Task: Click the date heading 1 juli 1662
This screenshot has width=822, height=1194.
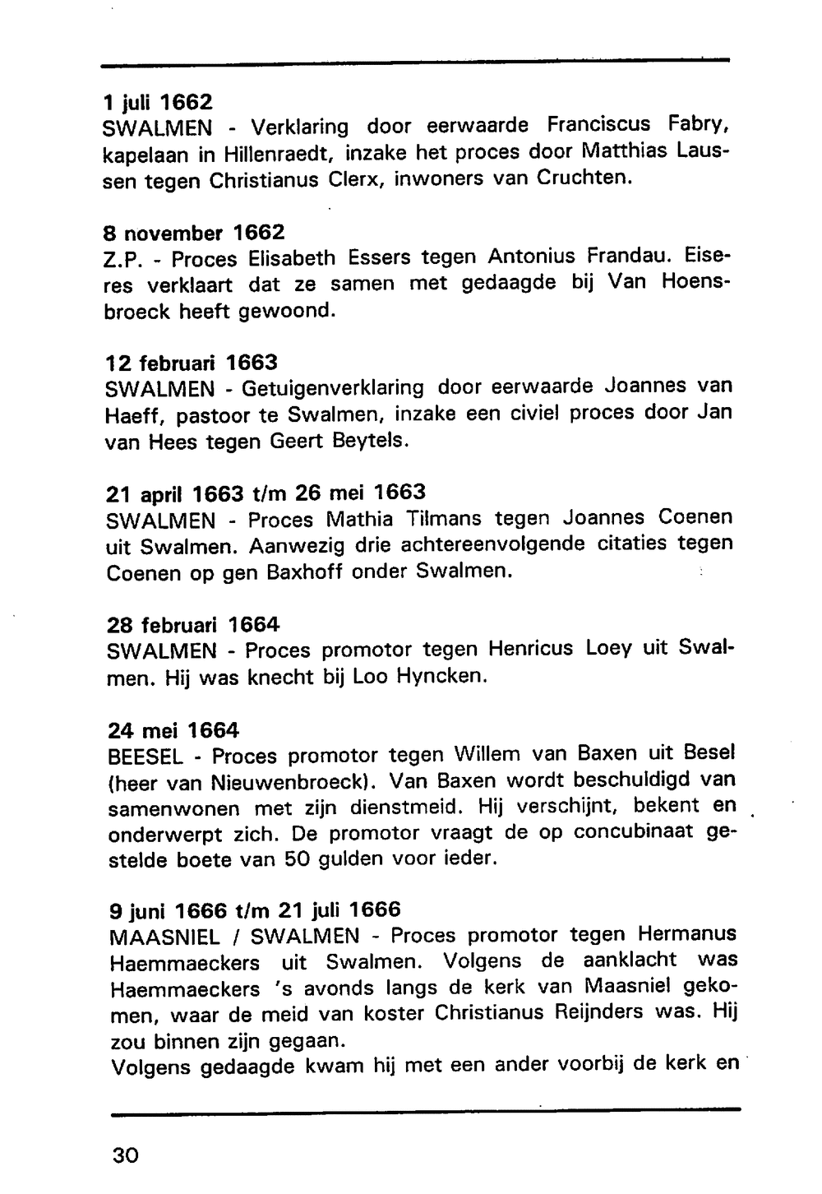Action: coord(158,102)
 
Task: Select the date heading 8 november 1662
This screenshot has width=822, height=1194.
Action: coord(195,233)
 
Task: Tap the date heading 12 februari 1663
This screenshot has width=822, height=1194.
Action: coord(192,363)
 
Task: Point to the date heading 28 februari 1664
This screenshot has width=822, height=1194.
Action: coord(193,624)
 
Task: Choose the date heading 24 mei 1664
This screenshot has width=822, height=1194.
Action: coord(173,730)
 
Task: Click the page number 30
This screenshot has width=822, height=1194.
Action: coord(126,1155)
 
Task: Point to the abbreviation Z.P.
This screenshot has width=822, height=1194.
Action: coord(123,260)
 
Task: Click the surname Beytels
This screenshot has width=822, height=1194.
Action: coord(370,440)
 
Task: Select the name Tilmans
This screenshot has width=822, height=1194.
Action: coord(442,519)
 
